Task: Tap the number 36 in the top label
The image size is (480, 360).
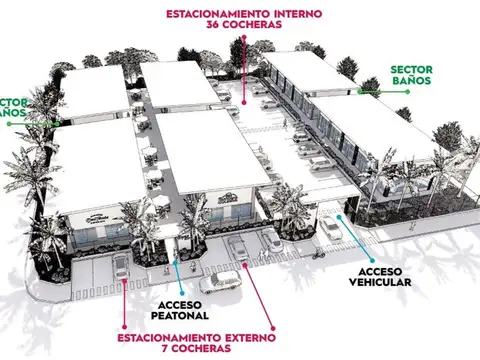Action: [213, 27]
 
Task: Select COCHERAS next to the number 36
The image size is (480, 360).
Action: [255, 27]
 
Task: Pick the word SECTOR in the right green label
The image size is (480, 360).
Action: [413, 70]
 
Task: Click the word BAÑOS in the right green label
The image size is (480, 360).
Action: [412, 84]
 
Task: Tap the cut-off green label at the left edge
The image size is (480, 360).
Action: [12, 108]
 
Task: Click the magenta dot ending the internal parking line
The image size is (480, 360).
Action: [241, 100]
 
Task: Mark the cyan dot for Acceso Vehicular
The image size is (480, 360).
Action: [342, 216]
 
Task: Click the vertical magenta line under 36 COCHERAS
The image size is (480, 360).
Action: [241, 65]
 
